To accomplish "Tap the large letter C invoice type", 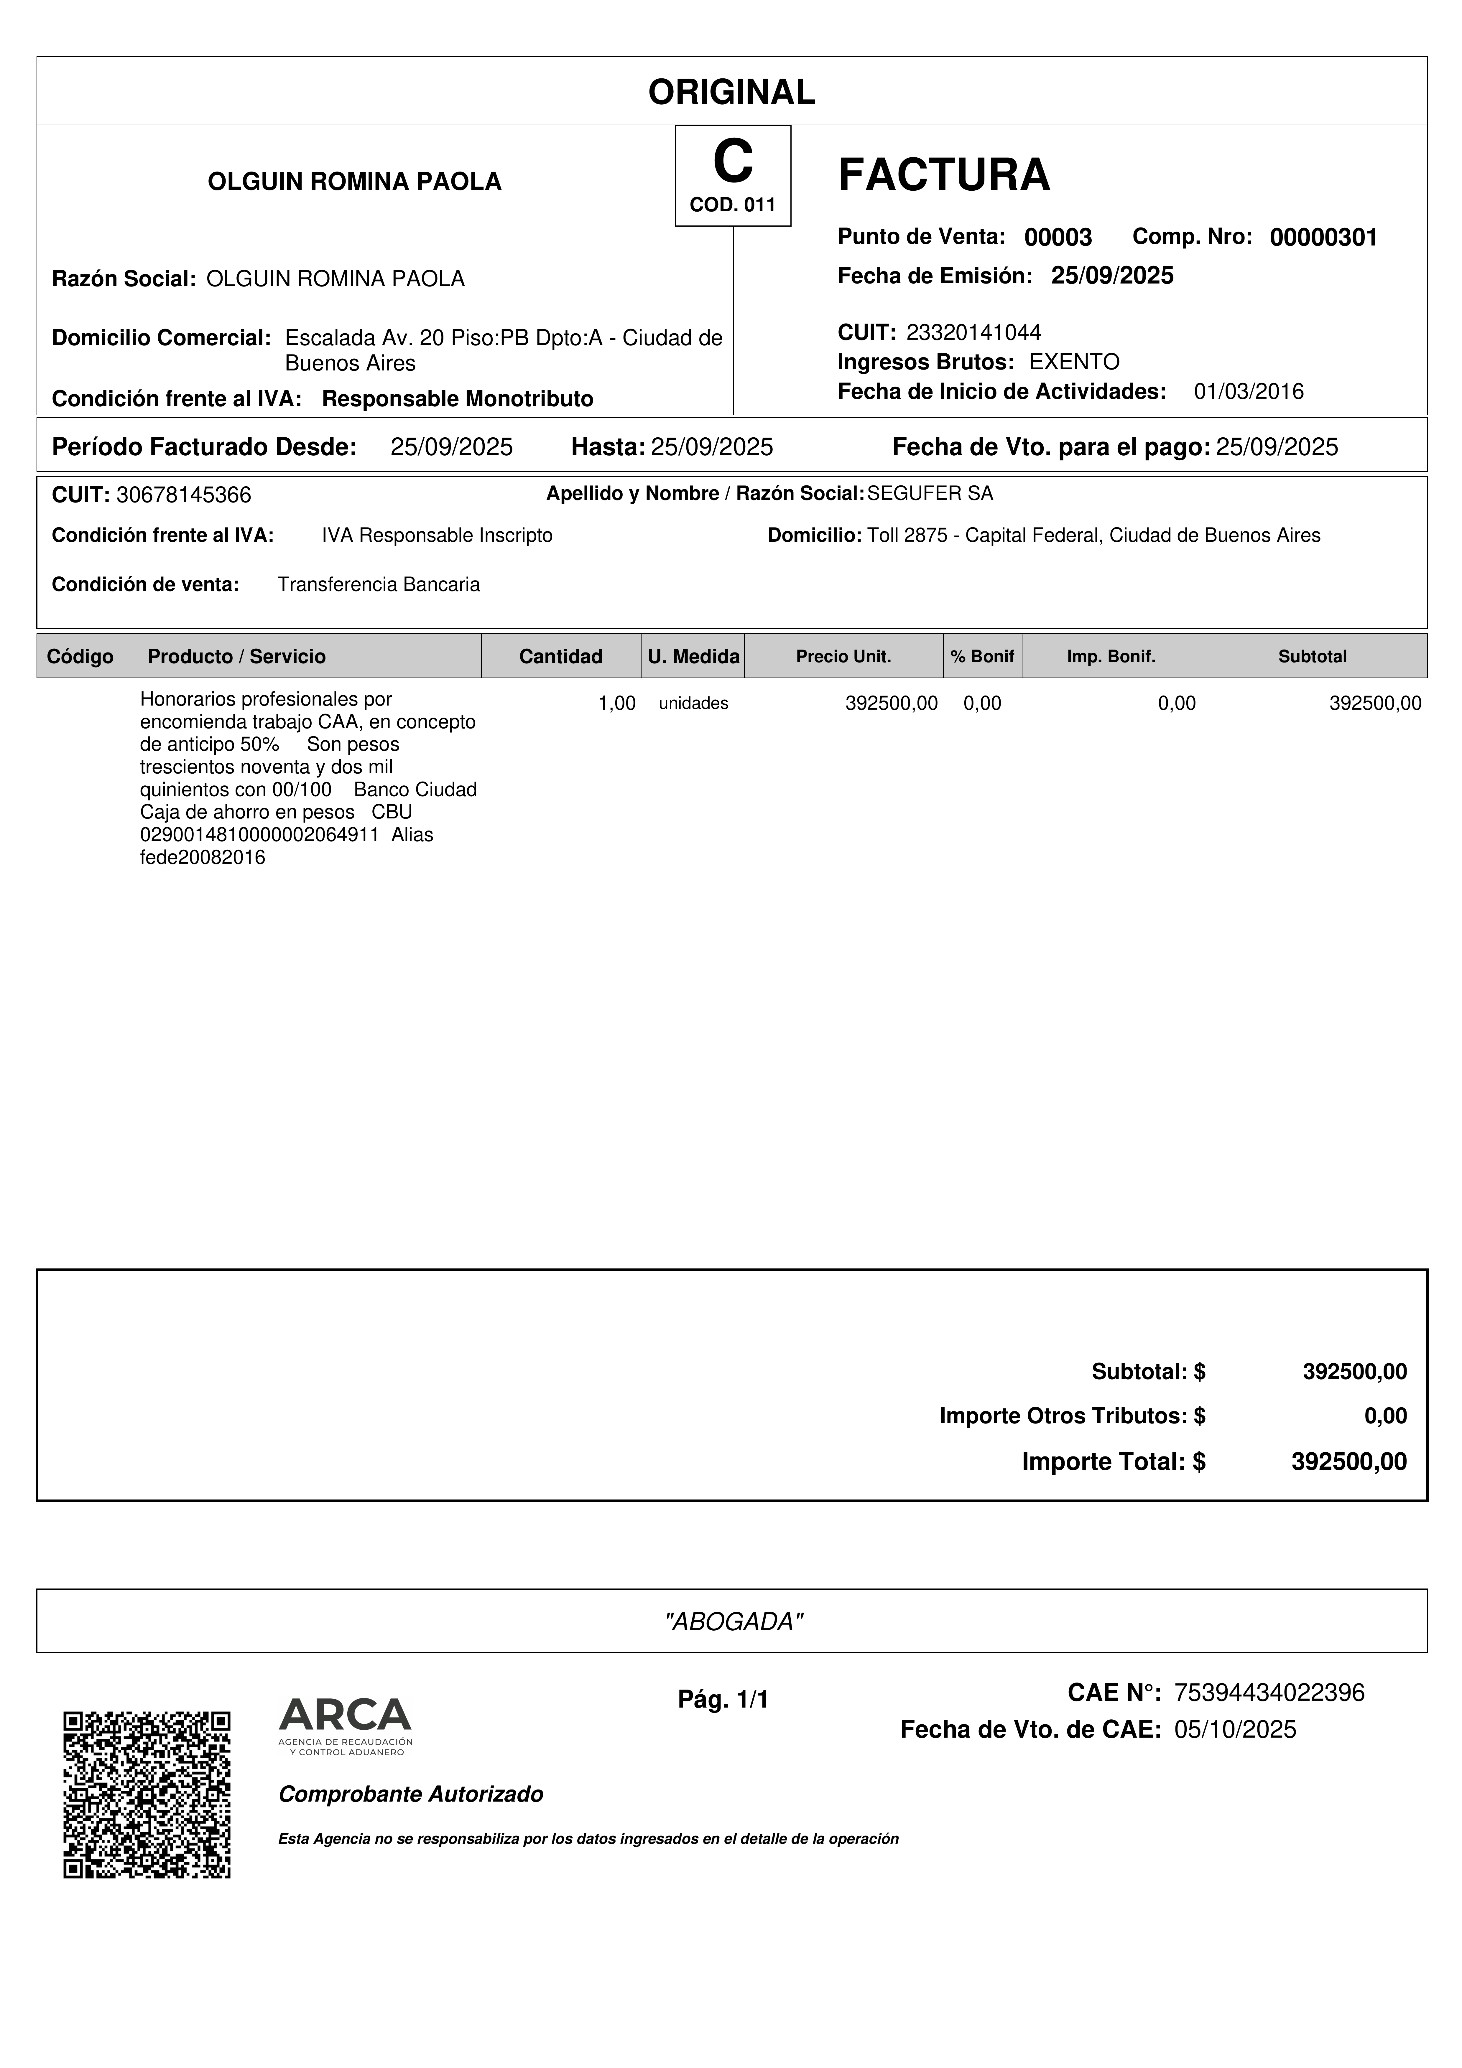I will click(x=732, y=162).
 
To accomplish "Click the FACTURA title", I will click(x=943, y=175).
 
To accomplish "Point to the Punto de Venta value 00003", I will click(x=1058, y=238).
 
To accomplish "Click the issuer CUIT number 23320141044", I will click(x=973, y=332).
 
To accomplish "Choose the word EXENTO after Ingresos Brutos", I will click(x=1074, y=362).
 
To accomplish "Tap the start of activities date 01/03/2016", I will click(x=1249, y=392).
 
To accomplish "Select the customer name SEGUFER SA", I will click(x=930, y=494).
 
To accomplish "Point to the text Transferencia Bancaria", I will click(x=378, y=584).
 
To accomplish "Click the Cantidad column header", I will click(x=560, y=657).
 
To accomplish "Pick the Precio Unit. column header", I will click(x=843, y=657).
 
